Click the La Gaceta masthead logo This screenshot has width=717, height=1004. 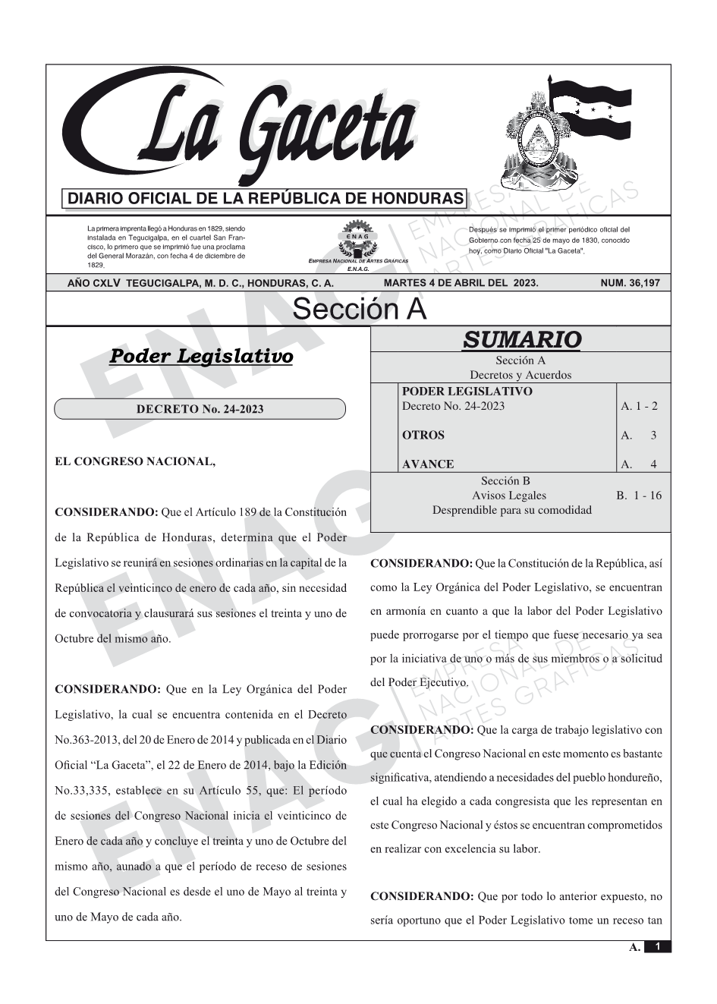[243, 129]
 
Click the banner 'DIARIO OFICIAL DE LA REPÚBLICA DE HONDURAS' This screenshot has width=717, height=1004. [265, 199]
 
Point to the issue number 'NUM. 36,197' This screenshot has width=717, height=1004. [630, 283]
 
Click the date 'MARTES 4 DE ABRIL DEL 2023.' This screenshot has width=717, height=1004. [461, 283]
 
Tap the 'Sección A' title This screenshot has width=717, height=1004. [359, 310]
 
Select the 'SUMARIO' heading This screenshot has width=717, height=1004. [521, 339]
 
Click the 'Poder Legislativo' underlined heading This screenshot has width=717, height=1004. [201, 356]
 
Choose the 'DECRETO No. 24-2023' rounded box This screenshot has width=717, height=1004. [200, 410]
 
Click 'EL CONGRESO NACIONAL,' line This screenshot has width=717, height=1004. [135, 461]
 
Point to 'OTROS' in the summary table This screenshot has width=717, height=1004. [423, 436]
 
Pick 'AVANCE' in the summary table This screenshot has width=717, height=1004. [427, 464]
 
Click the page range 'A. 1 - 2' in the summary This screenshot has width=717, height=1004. [639, 406]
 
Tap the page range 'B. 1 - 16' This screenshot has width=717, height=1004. [638, 496]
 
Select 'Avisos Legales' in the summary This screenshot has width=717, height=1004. [508, 496]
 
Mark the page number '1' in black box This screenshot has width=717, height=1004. [658, 947]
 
